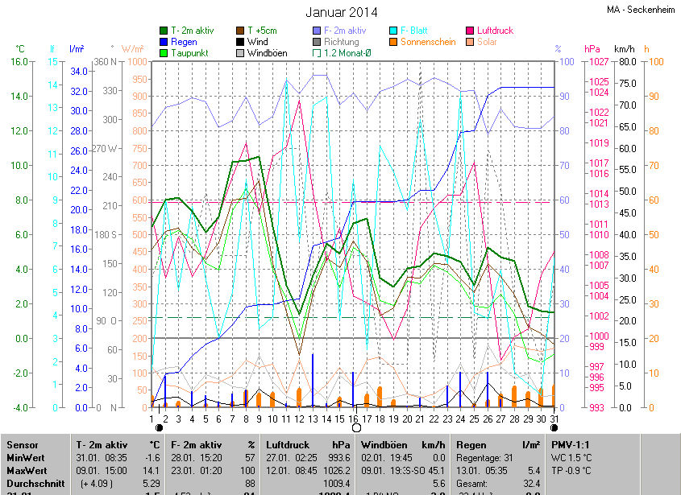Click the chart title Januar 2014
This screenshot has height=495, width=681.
[341, 12]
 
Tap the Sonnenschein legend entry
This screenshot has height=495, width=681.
[427, 42]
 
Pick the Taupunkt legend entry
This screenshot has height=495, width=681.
[189, 53]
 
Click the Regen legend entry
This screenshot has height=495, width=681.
[184, 42]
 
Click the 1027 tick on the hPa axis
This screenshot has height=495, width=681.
[598, 62]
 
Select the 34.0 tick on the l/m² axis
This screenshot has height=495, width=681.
[78, 71]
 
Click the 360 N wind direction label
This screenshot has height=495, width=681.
[106, 62]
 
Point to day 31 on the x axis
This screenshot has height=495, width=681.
[554, 418]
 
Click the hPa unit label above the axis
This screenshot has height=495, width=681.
[592, 49]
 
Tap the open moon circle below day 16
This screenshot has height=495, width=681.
[355, 428]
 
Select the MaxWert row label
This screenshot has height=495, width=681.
[27, 469]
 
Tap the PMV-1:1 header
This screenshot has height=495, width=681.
[573, 445]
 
